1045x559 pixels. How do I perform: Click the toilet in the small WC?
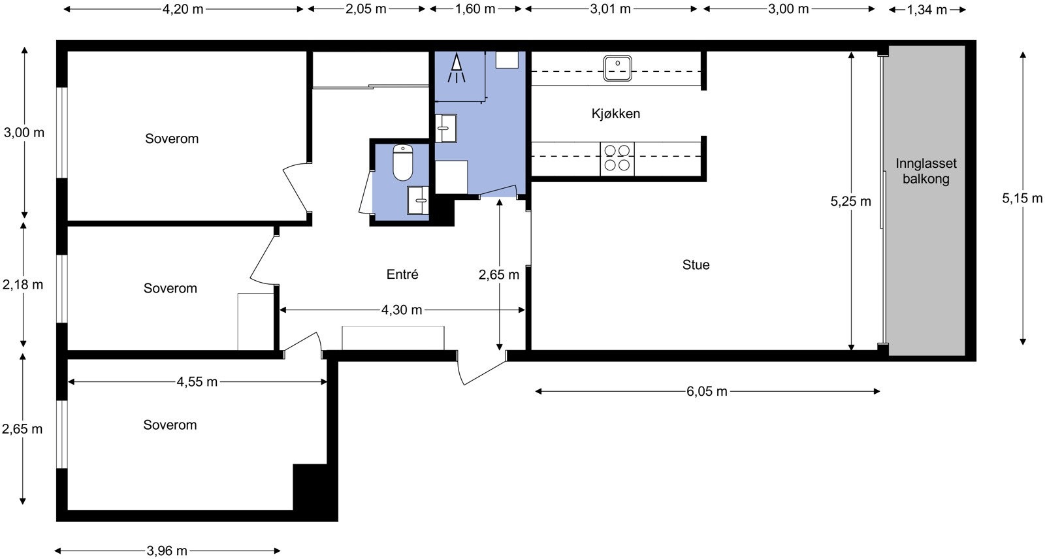tap(402, 163)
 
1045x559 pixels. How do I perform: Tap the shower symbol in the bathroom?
tap(457, 68)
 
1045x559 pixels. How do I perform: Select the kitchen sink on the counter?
tap(617, 68)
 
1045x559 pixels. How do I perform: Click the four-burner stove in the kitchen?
tap(617, 159)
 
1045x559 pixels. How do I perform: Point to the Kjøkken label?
tap(616, 114)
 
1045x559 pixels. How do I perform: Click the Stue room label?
tap(696, 265)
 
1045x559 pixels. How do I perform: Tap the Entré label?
tap(402, 274)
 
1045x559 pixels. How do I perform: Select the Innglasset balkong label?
tap(925, 171)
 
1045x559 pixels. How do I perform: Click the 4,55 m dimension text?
tap(197, 381)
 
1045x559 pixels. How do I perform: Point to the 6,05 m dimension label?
tap(707, 391)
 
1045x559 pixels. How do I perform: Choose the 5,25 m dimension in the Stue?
tap(850, 201)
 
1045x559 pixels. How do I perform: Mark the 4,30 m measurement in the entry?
tap(402, 310)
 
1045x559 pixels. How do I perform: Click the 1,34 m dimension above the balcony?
tap(927, 10)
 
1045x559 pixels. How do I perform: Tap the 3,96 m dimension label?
tap(167, 551)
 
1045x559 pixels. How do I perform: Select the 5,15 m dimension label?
tap(1022, 199)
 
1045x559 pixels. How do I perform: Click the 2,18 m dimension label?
tap(23, 284)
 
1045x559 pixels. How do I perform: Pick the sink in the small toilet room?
tap(418, 200)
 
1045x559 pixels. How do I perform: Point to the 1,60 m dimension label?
tap(475, 9)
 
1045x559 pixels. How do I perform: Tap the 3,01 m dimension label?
tap(610, 9)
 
